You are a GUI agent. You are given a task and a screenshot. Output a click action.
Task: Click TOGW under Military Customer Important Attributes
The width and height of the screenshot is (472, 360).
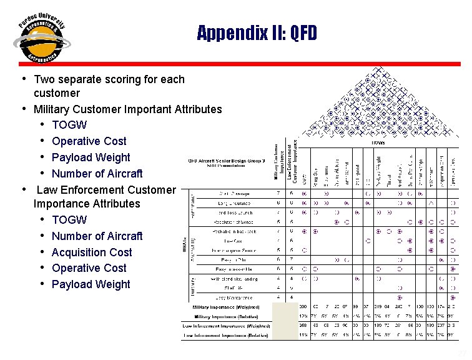[69, 125]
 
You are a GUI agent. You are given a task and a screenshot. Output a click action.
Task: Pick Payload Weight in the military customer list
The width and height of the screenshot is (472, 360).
[91, 157]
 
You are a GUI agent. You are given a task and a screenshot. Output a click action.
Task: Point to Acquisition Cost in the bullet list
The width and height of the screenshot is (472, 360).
[92, 252]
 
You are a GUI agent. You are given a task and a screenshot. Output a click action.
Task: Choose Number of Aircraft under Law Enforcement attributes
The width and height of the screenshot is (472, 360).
[97, 236]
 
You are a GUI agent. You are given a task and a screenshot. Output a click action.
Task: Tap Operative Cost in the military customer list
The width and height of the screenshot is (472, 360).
[89, 141]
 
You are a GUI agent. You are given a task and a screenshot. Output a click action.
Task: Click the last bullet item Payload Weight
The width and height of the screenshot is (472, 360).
[91, 284]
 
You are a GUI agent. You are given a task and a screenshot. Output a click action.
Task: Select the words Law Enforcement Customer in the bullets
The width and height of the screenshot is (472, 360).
[107, 189]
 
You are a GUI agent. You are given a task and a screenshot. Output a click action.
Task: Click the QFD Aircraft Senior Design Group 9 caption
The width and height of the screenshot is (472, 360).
[227, 160]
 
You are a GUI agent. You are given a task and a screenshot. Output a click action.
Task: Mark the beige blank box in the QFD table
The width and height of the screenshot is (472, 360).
[285, 321]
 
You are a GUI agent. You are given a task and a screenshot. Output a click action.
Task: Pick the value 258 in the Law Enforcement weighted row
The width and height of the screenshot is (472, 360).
[303, 326]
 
